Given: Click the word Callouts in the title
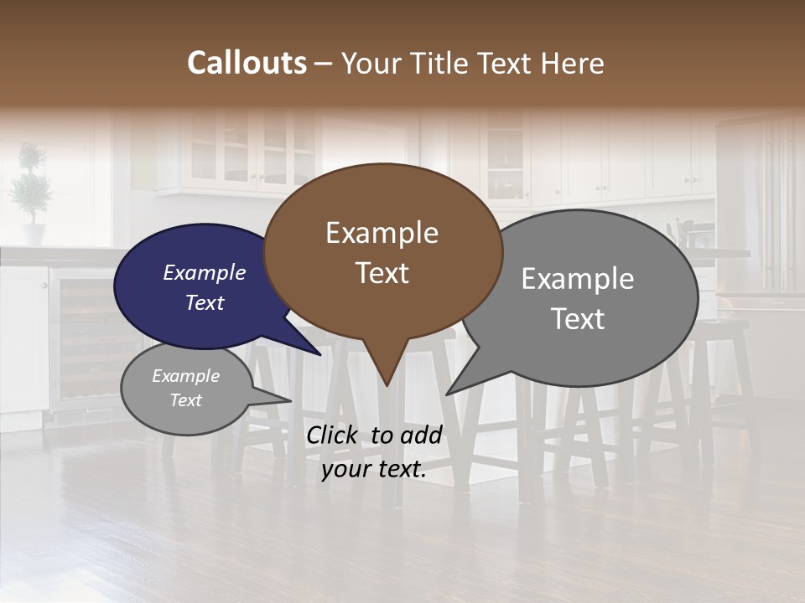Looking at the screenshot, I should click(x=247, y=63).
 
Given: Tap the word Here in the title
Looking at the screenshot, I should click(x=573, y=64).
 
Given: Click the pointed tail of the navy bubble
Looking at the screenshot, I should click(x=319, y=353).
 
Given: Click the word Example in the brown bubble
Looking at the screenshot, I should click(x=382, y=233).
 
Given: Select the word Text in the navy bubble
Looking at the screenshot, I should click(x=205, y=302).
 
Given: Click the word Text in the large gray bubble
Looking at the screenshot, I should click(x=578, y=319).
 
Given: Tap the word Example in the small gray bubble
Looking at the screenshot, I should click(x=185, y=376).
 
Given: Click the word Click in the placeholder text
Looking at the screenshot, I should click(x=333, y=435).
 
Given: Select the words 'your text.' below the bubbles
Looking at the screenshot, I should click(x=374, y=470).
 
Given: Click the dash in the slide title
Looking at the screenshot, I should click(x=324, y=64).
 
